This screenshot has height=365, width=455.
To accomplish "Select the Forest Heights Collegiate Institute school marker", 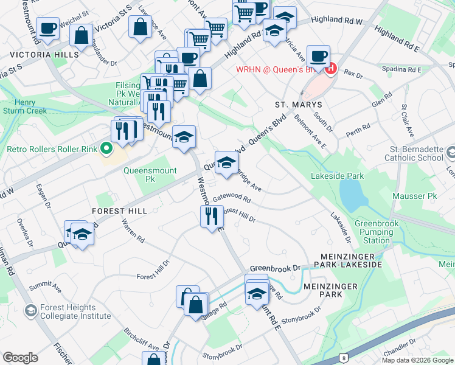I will click(30, 311).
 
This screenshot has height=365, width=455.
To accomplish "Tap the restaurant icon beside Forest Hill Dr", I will click(212, 217).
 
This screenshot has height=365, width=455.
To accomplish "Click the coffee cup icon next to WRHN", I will click(318, 57).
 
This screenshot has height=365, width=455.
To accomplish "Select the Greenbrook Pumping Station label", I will click(376, 232).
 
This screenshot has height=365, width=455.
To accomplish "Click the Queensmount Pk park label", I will click(150, 175).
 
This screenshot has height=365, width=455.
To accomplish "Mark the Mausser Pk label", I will click(423, 196).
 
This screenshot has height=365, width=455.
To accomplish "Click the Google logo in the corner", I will click(20, 358).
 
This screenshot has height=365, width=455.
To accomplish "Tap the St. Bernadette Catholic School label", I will click(414, 153).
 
